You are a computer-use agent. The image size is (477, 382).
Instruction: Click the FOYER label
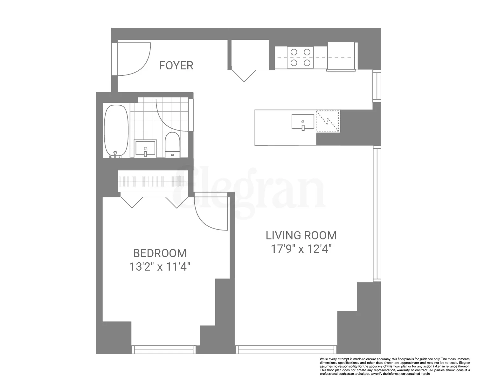(176, 65)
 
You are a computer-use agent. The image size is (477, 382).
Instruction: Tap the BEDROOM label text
(160, 253)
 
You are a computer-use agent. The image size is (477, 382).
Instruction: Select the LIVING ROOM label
(301, 236)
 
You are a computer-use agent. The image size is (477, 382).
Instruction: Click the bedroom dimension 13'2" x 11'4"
(160, 266)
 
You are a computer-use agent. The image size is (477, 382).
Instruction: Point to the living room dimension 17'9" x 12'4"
(301, 249)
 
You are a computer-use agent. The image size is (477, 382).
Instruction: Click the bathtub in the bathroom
(116, 131)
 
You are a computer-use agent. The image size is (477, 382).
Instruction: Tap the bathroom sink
(145, 148)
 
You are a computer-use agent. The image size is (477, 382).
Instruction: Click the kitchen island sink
(303, 122)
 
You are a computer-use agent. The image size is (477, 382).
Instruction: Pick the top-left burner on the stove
(294, 52)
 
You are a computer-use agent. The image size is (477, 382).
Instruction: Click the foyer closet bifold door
(244, 75)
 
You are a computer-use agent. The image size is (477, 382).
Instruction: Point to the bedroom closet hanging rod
(153, 182)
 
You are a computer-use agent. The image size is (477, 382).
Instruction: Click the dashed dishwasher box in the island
(328, 121)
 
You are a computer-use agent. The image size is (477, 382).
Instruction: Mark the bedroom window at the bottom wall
(164, 350)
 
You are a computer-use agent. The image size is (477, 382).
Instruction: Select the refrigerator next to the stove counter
(341, 56)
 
